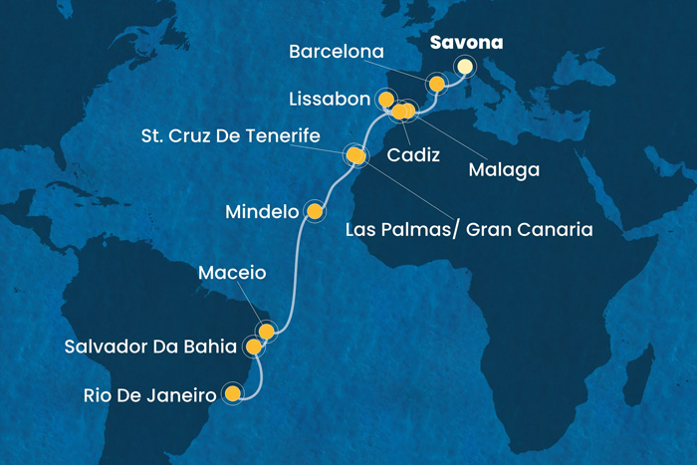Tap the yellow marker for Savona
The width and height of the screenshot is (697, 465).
[464, 67]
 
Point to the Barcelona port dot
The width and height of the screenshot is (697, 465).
[435, 84]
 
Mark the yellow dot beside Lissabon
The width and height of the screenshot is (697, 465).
[385, 100]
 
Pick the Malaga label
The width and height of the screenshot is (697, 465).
[504, 170]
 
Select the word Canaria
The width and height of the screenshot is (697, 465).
[554, 229]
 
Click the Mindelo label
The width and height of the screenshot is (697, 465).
[262, 212]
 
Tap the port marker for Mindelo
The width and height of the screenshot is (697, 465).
[315, 210]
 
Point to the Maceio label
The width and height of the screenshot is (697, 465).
[232, 271]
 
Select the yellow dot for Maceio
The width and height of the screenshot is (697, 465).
[266, 330]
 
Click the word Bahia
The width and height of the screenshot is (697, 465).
[212, 348]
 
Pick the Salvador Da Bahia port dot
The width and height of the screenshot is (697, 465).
[254, 347]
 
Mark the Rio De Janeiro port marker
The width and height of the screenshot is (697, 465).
[233, 393]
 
